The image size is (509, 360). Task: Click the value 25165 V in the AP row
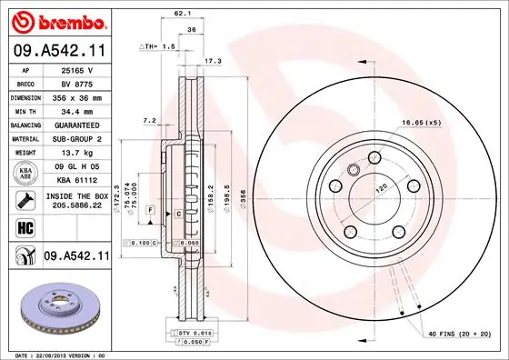(x=75, y=69)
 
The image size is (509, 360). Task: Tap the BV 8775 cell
(x=75, y=83)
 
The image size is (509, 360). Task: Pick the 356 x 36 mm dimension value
(x=75, y=96)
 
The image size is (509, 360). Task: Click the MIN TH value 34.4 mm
(x=75, y=110)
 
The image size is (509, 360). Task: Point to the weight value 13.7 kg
(x=75, y=153)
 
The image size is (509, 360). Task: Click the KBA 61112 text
(x=75, y=181)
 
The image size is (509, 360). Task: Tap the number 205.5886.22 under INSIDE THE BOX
(x=75, y=206)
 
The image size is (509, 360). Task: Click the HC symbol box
(x=23, y=227)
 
